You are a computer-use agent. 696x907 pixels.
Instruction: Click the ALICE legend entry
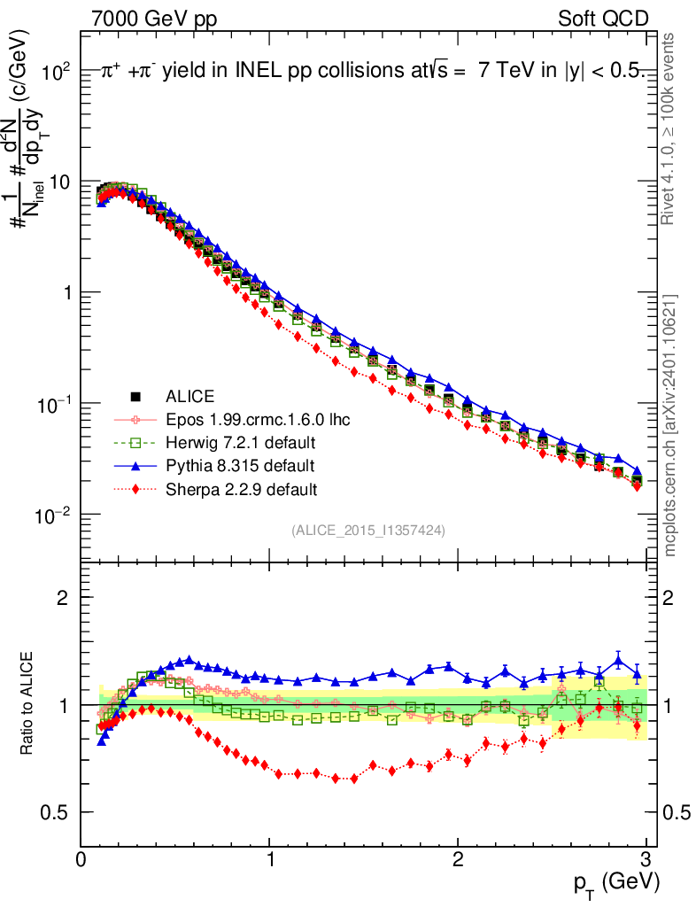point(190,396)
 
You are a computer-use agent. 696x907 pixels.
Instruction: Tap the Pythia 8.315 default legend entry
point(240,465)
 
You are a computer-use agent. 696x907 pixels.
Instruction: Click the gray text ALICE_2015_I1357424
point(367,530)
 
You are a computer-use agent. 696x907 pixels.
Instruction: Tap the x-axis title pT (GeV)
point(615,882)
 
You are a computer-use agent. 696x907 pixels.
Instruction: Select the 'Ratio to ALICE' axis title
point(29,704)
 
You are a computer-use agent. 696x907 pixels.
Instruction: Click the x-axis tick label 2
point(458,857)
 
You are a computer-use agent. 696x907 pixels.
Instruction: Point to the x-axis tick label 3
point(646,857)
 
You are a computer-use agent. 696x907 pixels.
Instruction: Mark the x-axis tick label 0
point(81,857)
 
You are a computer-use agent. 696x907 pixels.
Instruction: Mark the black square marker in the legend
point(135,396)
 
